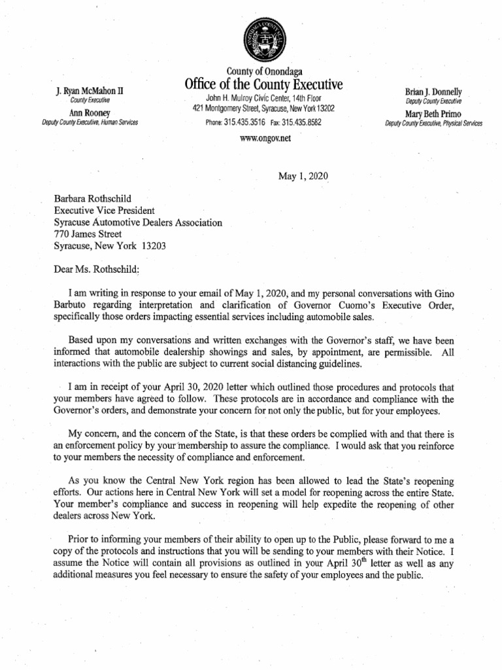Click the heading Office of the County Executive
(x=264, y=85)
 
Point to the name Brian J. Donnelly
(x=434, y=92)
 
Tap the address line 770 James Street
(x=87, y=234)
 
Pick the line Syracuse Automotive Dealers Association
(x=138, y=222)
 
